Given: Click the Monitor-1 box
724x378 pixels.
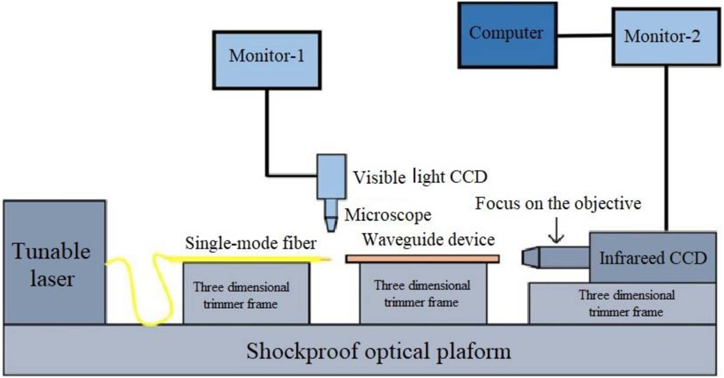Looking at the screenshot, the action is point(267,60).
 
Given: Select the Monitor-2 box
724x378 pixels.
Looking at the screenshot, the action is point(666,37).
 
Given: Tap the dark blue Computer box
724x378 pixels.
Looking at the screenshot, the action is point(507,35).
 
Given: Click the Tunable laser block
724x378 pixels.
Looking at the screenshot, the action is point(55,262).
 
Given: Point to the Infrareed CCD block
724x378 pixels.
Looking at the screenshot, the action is point(653,257).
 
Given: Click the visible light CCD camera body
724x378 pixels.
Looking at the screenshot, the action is point(332,177).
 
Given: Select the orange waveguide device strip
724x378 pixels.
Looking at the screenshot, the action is point(422,259).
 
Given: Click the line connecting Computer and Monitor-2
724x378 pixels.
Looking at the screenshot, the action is point(585,35).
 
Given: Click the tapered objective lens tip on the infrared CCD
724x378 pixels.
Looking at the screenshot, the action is point(531,257).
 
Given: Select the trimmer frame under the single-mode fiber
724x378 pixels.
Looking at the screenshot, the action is point(246,293).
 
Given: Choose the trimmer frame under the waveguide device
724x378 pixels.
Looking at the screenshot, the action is point(423,293).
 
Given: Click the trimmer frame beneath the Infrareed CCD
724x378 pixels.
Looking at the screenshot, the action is point(622,303).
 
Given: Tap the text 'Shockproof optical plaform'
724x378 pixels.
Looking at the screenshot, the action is point(378,351).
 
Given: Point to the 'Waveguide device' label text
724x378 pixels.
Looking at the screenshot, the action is point(428,240).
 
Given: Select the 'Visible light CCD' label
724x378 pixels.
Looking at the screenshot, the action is point(420,177).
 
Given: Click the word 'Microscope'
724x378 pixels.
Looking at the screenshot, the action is point(388,215).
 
